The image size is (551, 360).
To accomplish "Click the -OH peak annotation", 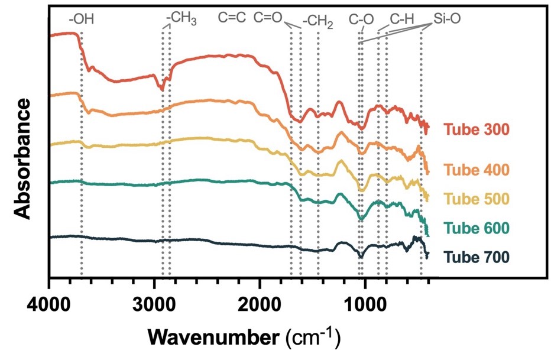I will tap(81, 19).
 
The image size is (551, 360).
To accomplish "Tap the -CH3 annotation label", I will tap(181, 18).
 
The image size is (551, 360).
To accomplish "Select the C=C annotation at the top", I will tap(232, 18).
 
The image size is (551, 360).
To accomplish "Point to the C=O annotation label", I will tap(269, 18).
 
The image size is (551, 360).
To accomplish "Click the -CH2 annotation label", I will tap(317, 22).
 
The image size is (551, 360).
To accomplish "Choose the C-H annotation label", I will tap(402, 19).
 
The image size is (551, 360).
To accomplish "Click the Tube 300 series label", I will tap(476, 129).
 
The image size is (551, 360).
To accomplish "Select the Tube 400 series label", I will tap(476, 170).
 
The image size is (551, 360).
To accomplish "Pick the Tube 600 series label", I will tap(476, 228).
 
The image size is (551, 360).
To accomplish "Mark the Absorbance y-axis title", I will tap(22, 158).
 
